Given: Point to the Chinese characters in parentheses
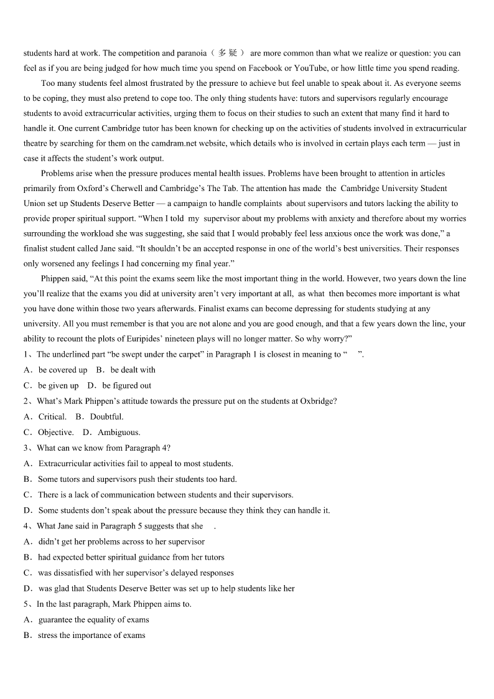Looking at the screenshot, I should pyautogui.click(x=228, y=54).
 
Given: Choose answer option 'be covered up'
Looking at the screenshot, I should pyautogui.click(x=63, y=370).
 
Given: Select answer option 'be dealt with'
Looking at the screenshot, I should pyautogui.click(x=133, y=370).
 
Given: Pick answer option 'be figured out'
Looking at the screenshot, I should pyautogui.click(x=127, y=385).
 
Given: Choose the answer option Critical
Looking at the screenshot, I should pyautogui.click(x=52, y=416).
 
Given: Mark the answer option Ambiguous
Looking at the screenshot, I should pyautogui.click(x=119, y=432).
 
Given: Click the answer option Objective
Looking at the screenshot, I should pyautogui.click(x=56, y=432).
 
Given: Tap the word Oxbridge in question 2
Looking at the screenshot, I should pyautogui.click(x=317, y=401).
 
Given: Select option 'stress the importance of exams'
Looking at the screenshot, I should pyautogui.click(x=91, y=635).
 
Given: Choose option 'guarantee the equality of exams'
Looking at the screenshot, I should pyautogui.click(x=94, y=619).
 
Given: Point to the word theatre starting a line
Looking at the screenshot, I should pyautogui.click(x=37, y=143).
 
